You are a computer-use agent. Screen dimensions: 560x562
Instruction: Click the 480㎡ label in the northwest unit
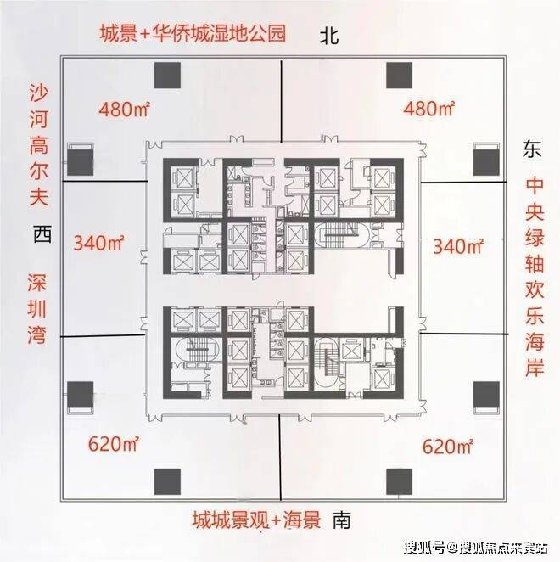pos(124,109)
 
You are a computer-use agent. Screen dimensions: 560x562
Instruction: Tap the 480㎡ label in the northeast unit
pos(428,108)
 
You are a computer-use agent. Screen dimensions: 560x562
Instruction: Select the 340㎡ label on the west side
pos(98,242)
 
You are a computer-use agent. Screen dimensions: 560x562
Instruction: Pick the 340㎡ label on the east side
pos(458,246)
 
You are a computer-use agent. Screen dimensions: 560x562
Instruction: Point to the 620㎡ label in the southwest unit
pos(113,444)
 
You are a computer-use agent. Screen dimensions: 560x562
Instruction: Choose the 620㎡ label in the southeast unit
pos(448,447)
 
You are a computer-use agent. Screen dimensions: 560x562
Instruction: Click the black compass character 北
pos(329,37)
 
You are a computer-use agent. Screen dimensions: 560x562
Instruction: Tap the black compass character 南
pos(341,520)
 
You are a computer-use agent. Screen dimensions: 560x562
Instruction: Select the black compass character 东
pos(532,149)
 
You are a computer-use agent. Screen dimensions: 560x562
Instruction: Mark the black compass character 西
pos(42,234)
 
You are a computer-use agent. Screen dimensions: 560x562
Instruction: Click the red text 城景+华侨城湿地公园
pos(193,33)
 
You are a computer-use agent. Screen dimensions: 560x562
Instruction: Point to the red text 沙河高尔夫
pos(39,145)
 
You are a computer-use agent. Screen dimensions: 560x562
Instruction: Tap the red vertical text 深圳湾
pos(37,309)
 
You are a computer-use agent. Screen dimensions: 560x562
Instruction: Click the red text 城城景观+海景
pos(256,520)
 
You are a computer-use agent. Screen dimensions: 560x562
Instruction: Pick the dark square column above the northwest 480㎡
pos(167,76)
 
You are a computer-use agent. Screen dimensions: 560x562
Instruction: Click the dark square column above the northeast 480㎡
pos(399,76)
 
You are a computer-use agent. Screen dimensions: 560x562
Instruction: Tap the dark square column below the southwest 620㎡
pos(167,481)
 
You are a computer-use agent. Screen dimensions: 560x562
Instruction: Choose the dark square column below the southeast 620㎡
pos(399,481)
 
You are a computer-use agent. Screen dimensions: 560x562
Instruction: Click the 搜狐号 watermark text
pos(425,548)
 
